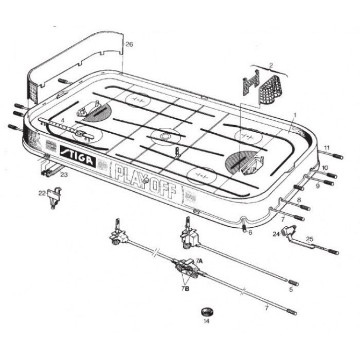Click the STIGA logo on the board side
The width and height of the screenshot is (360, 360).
77,156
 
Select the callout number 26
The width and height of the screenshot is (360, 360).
129,44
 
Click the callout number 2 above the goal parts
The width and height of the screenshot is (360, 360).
271,65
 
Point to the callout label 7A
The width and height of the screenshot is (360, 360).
199,261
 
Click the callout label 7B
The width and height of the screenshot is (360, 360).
185,289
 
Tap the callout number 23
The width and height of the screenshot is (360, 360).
64,175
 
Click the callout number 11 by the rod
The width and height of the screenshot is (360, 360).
327,148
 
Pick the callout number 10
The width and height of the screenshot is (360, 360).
325,168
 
